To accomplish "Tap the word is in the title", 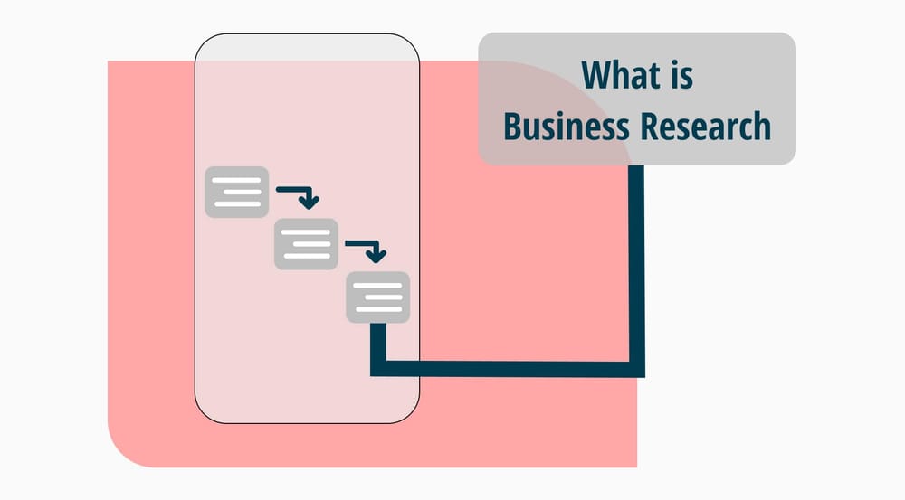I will click(x=678, y=75).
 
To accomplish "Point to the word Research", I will click(x=705, y=127).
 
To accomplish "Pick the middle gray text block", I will click(x=306, y=244).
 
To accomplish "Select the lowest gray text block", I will click(x=377, y=297).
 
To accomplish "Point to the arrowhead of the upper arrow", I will click(x=310, y=202).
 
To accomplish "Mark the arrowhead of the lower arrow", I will click(x=379, y=254).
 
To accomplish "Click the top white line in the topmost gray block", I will click(x=237, y=180).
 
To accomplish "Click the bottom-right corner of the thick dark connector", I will click(x=637, y=369).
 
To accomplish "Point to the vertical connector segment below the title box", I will click(x=637, y=262).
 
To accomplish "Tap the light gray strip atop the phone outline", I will click(x=307, y=49).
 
